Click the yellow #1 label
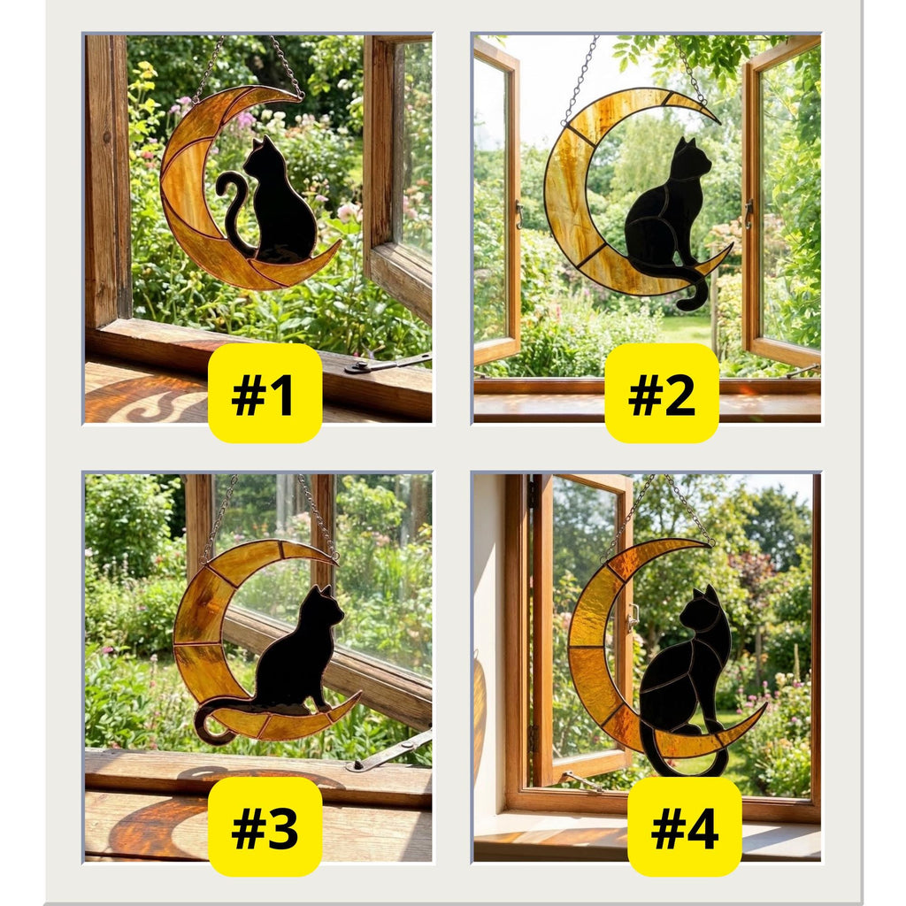265,393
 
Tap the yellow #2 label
662,393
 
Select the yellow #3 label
265,826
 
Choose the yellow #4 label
684,826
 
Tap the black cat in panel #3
296,655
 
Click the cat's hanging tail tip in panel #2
699,301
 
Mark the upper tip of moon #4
708,543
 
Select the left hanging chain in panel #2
580,80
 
